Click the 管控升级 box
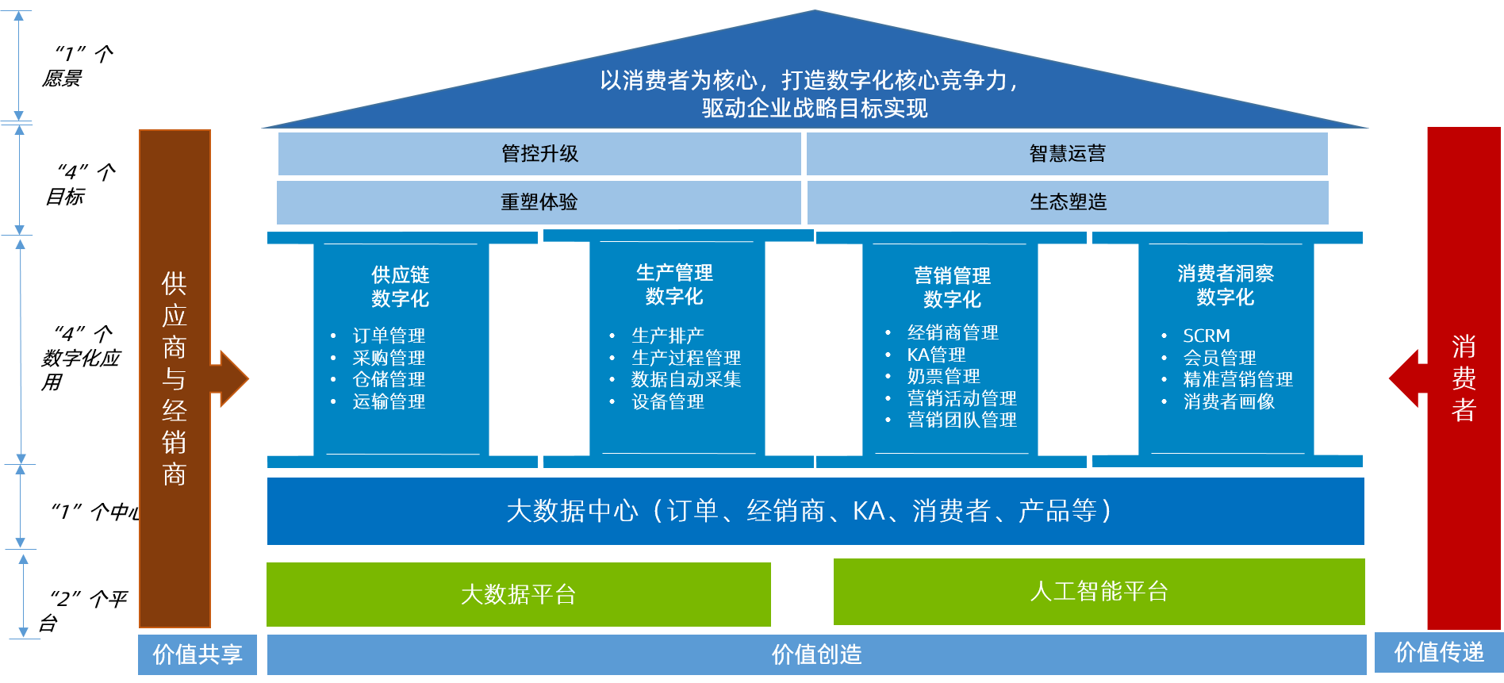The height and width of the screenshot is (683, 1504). pos(539,154)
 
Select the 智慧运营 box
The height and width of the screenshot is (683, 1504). pos(1067,154)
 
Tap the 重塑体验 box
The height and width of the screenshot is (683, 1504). pos(539,202)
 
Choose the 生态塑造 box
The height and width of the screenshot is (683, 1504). pos(1068,202)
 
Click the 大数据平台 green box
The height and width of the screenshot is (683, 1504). pos(518,594)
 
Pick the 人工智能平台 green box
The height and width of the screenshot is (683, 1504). pos(1099,592)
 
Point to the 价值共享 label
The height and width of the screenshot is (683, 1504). pos(197,654)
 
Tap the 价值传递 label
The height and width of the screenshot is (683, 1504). pos(1438,652)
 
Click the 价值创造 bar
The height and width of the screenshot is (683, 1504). pos(816,654)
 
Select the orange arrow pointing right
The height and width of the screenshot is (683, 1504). pos(232,379)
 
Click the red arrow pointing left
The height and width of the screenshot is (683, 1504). pos(1406,378)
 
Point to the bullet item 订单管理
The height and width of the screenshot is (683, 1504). pos(389,336)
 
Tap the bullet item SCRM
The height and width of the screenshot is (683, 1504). pos(1207,336)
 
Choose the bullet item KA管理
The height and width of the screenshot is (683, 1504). pos(936,355)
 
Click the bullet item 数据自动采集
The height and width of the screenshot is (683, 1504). pos(686,379)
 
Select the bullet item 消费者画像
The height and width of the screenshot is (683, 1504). pos(1229,401)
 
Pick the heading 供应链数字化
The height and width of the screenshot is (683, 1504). pos(401,286)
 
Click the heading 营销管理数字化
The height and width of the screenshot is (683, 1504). pos(952,287)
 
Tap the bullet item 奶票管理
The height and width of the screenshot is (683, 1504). pos(943,376)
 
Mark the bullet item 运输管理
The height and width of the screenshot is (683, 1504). pos(389,401)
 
